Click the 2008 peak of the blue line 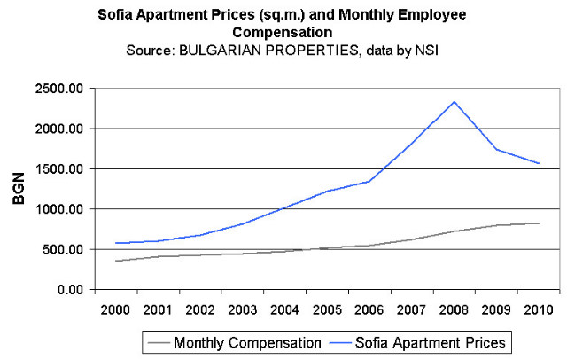[x=454, y=101]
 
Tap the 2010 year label [x=539, y=309]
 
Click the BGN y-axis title [x=19, y=189]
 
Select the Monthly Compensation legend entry [x=238, y=340]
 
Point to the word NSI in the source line [x=426, y=51]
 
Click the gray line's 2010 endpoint [x=539, y=223]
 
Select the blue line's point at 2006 [x=369, y=181]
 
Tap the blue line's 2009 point [x=496, y=149]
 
